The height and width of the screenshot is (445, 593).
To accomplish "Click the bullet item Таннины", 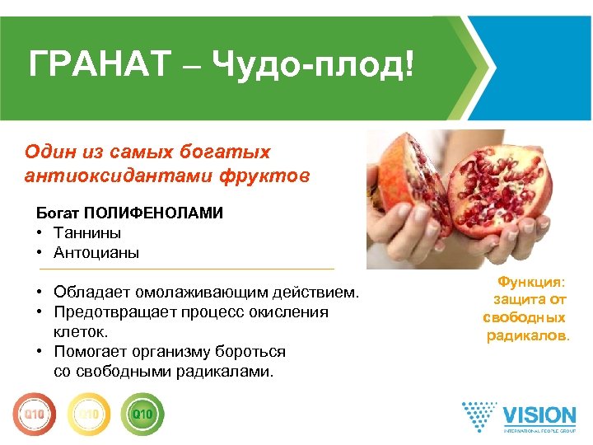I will pyautogui.click(x=86, y=233).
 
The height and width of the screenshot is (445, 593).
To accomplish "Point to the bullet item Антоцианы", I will pyautogui.click(x=96, y=253).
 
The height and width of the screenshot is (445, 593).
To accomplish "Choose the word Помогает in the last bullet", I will pyautogui.click(x=90, y=352).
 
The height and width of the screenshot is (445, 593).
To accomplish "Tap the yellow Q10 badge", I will pyautogui.click(x=88, y=411).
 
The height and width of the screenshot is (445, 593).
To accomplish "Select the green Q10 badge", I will pyautogui.click(x=142, y=411).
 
